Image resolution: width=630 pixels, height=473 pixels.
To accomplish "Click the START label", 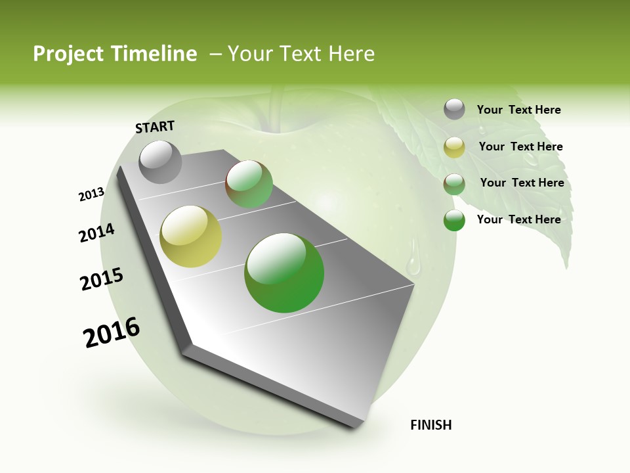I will pyautogui.click(x=155, y=126).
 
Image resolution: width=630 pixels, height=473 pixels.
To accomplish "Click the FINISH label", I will pyautogui.click(x=430, y=425).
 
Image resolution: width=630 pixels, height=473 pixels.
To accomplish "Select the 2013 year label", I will pyautogui.click(x=91, y=194).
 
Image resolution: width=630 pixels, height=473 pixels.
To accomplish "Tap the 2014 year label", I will pyautogui.click(x=96, y=233).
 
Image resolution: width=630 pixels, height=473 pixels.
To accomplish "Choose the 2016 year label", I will pyautogui.click(x=112, y=332).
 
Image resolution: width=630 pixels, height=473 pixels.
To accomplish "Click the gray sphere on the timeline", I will pyautogui.click(x=161, y=162).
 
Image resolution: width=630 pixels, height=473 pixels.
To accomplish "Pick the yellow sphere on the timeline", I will pyautogui.click(x=191, y=236).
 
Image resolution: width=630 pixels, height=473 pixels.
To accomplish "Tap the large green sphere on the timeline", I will pyautogui.click(x=284, y=273).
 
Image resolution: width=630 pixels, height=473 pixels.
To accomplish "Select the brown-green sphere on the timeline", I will pyautogui.click(x=249, y=184).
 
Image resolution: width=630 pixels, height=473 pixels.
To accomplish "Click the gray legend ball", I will pyautogui.click(x=454, y=110).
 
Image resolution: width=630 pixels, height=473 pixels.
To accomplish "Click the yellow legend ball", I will pyautogui.click(x=454, y=147).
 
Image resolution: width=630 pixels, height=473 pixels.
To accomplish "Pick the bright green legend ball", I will pyautogui.click(x=454, y=220).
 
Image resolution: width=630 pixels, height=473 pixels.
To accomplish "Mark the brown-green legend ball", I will pyautogui.click(x=454, y=184).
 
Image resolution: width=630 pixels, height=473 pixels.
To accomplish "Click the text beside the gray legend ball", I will pyautogui.click(x=518, y=110).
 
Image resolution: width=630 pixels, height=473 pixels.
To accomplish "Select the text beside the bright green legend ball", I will pyautogui.click(x=518, y=219).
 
